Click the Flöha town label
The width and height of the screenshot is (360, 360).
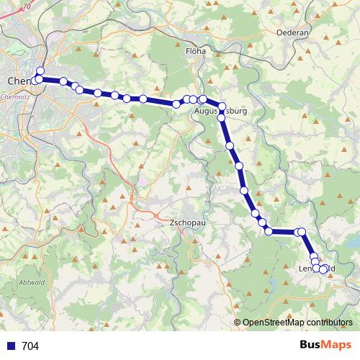(195, 51)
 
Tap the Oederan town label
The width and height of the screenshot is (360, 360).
(292, 32)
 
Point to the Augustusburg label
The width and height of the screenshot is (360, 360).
(220, 113)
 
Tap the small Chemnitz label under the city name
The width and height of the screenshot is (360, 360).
(14, 95)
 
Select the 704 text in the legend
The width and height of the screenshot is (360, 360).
(30, 346)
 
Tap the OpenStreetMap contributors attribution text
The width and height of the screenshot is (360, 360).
(296, 322)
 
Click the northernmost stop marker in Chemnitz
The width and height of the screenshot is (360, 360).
(40, 71)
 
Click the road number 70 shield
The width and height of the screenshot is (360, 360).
(27, 6)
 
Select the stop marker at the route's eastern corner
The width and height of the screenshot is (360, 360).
(302, 231)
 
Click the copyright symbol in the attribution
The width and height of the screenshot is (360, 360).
(238, 322)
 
